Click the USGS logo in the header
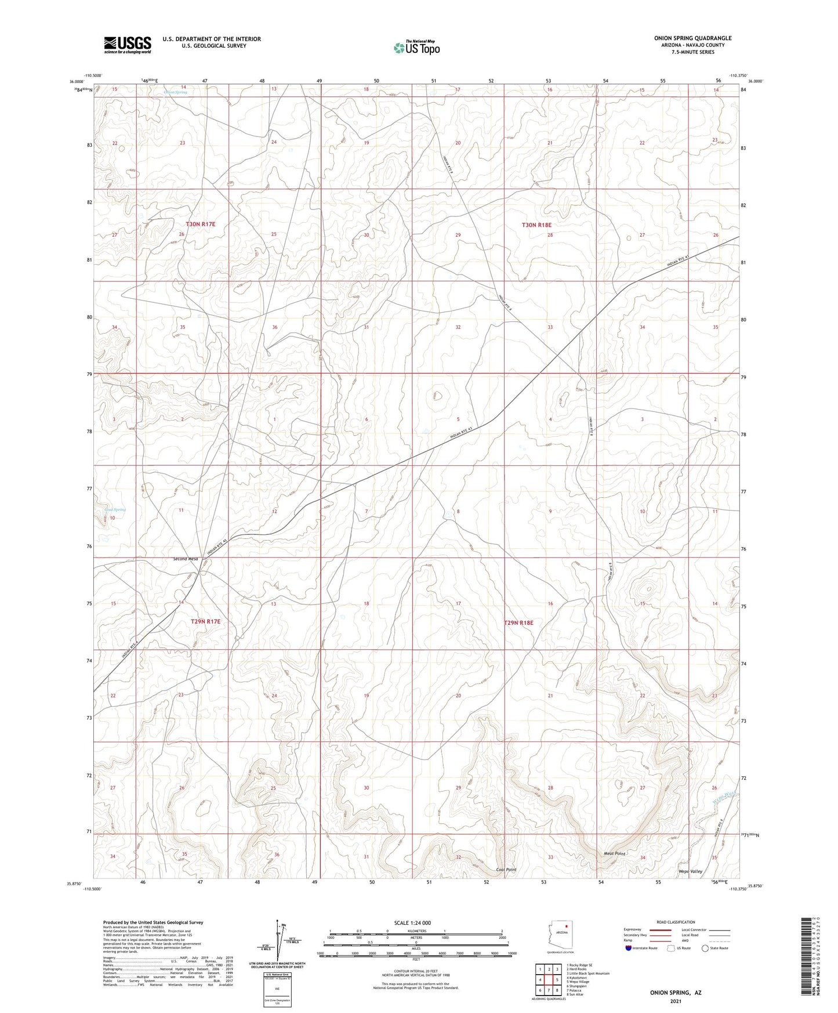click(128, 44)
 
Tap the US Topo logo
click(416, 48)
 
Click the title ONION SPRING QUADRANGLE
click(692, 38)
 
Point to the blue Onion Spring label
click(175, 92)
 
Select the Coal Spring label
click(115, 509)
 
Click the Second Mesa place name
click(186, 559)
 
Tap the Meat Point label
click(615, 853)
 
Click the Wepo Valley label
click(690, 871)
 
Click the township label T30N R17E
click(204, 223)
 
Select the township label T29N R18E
click(518, 623)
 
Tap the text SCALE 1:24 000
click(412, 922)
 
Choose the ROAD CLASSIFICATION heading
click(676, 922)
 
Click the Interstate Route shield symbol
click(629, 949)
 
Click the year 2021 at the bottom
click(674, 1001)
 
